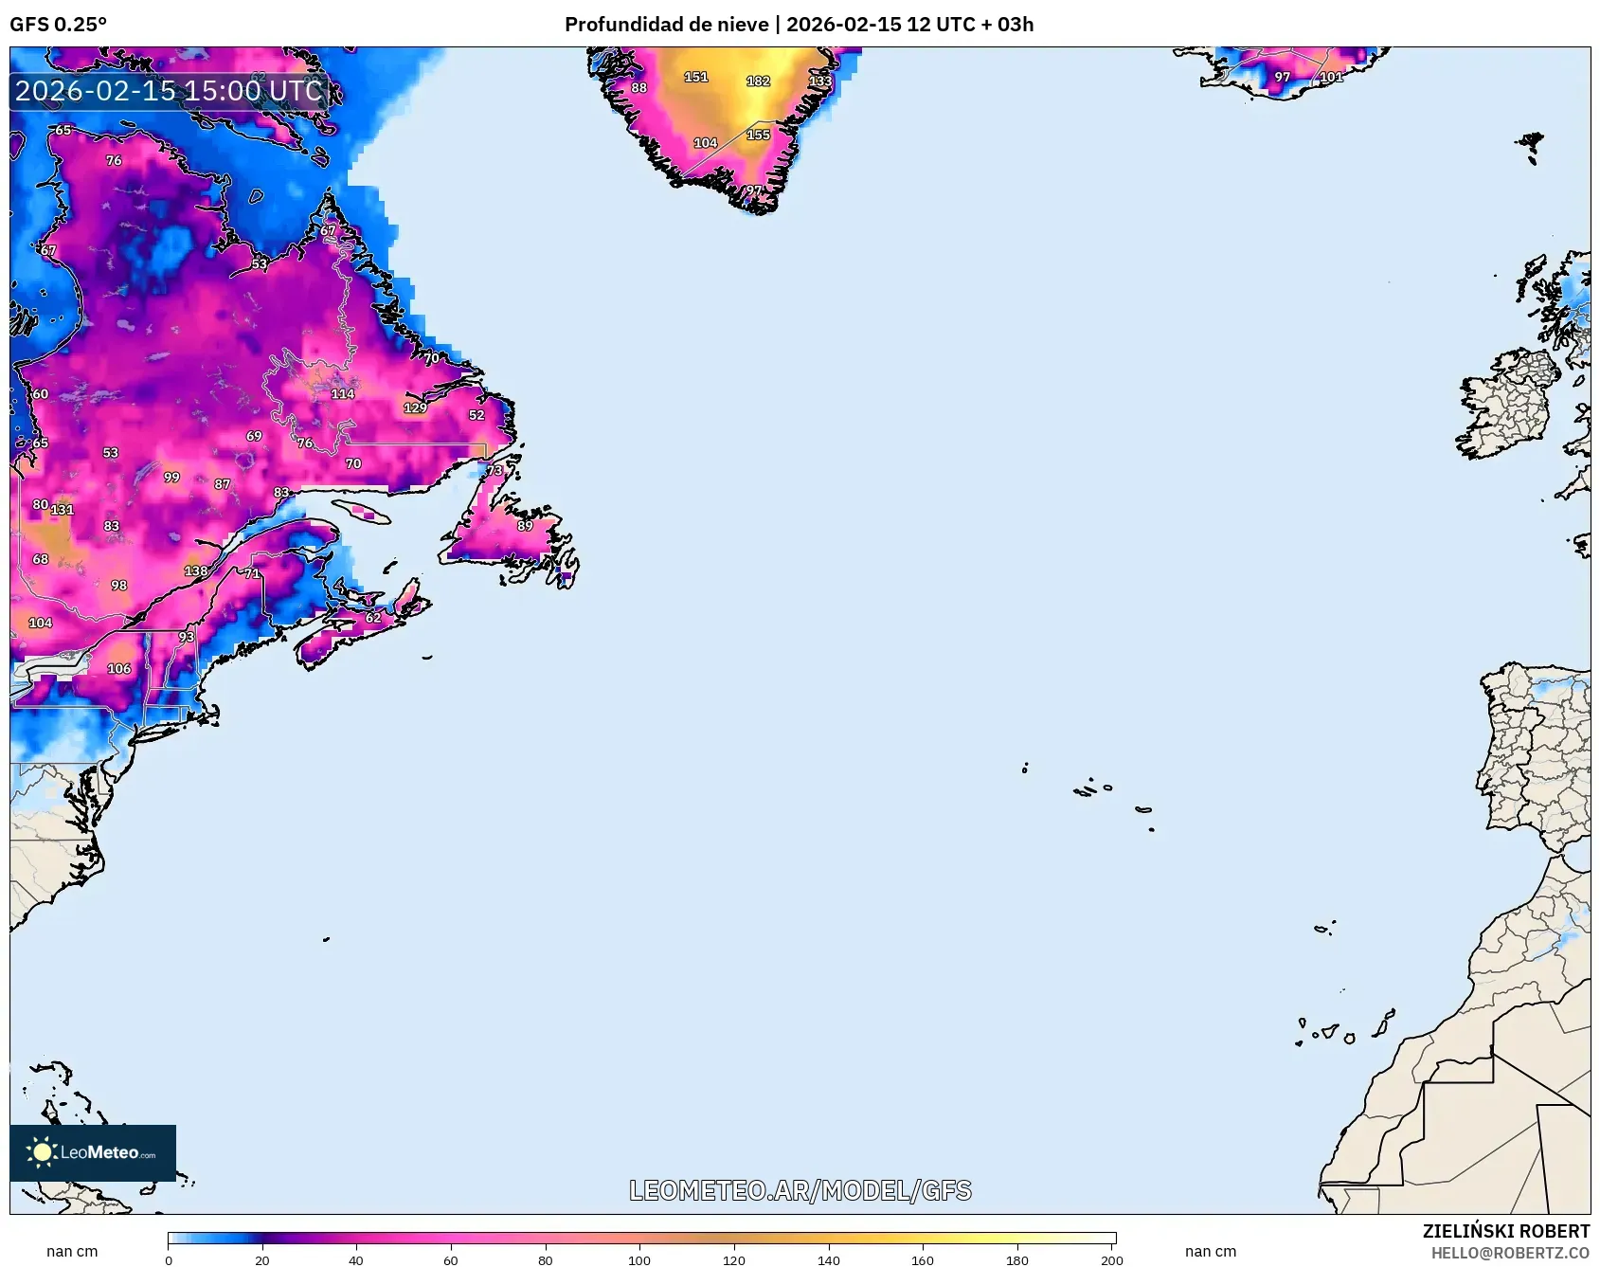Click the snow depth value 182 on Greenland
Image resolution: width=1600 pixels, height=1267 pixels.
pyautogui.click(x=758, y=81)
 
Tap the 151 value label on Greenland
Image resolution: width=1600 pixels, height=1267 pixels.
pyautogui.click(x=696, y=77)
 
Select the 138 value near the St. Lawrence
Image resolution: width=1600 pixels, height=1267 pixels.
pyautogui.click(x=196, y=571)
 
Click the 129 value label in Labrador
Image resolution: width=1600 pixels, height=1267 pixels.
pyautogui.click(x=415, y=408)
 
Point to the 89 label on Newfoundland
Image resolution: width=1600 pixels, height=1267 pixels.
pyautogui.click(x=525, y=526)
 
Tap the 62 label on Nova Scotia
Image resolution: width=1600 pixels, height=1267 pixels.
pyautogui.click(x=373, y=618)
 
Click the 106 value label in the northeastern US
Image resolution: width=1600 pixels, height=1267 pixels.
pyautogui.click(x=119, y=669)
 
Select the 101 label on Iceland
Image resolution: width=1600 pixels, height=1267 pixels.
pyautogui.click(x=1331, y=78)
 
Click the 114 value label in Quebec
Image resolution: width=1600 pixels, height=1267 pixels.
pyautogui.click(x=343, y=394)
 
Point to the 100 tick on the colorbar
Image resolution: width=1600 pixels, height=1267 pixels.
pyautogui.click(x=639, y=1260)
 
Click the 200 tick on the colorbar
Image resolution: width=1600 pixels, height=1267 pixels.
pyautogui.click(x=1112, y=1260)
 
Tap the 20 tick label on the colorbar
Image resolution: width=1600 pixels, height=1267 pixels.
pyautogui.click(x=262, y=1260)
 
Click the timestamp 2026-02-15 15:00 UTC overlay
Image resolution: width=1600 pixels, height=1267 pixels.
pyautogui.click(x=169, y=91)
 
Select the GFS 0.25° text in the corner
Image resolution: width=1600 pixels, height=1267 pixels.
pyautogui.click(x=59, y=25)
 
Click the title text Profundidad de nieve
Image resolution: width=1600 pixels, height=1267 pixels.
pyautogui.click(x=666, y=25)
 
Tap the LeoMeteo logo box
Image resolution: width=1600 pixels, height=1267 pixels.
pyautogui.click(x=93, y=1152)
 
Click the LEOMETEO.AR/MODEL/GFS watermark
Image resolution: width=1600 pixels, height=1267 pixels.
pyautogui.click(x=800, y=1190)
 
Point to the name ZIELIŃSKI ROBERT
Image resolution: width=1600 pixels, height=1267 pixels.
pyautogui.click(x=1505, y=1231)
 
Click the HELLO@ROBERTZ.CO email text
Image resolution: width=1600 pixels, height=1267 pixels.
pyautogui.click(x=1510, y=1253)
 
